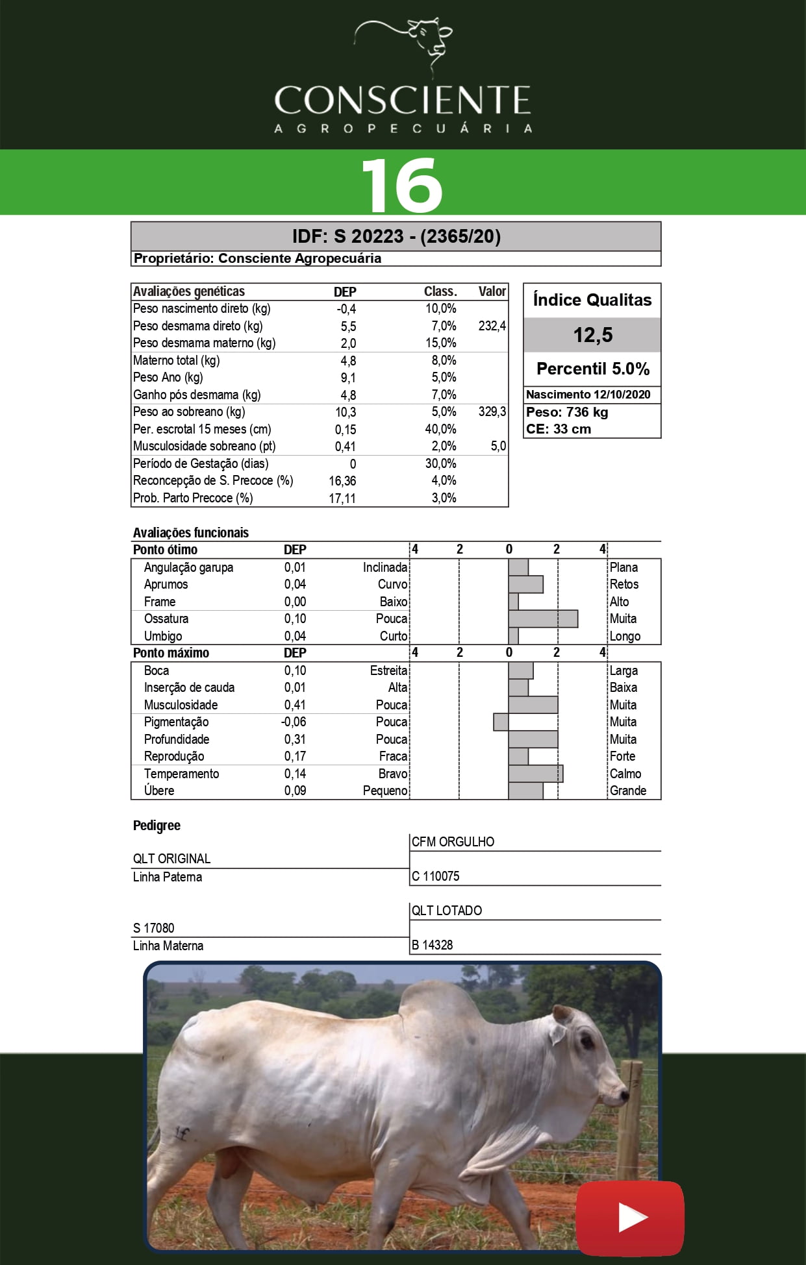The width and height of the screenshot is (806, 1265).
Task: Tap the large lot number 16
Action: click(402, 184)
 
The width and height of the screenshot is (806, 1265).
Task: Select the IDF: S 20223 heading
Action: click(396, 236)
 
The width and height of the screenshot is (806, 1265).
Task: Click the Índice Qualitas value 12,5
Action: click(592, 335)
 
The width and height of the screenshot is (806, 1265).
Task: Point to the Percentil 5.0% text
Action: click(592, 369)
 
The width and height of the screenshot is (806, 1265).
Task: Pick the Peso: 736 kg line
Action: click(567, 412)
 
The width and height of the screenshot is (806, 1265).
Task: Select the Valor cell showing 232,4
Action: click(492, 326)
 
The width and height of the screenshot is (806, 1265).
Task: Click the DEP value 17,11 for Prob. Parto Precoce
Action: click(342, 498)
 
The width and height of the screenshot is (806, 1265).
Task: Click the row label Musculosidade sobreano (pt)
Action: click(204, 446)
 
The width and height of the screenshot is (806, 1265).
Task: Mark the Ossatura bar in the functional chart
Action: click(543, 619)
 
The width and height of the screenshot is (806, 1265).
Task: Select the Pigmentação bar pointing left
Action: click(501, 722)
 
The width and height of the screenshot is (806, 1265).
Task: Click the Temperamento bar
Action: click(536, 774)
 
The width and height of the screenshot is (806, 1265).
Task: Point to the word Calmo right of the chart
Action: click(625, 774)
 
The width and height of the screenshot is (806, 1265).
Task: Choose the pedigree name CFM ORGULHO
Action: click(453, 842)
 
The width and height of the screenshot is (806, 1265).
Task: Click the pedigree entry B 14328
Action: click(432, 945)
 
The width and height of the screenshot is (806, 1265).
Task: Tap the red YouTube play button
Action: click(630, 1218)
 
